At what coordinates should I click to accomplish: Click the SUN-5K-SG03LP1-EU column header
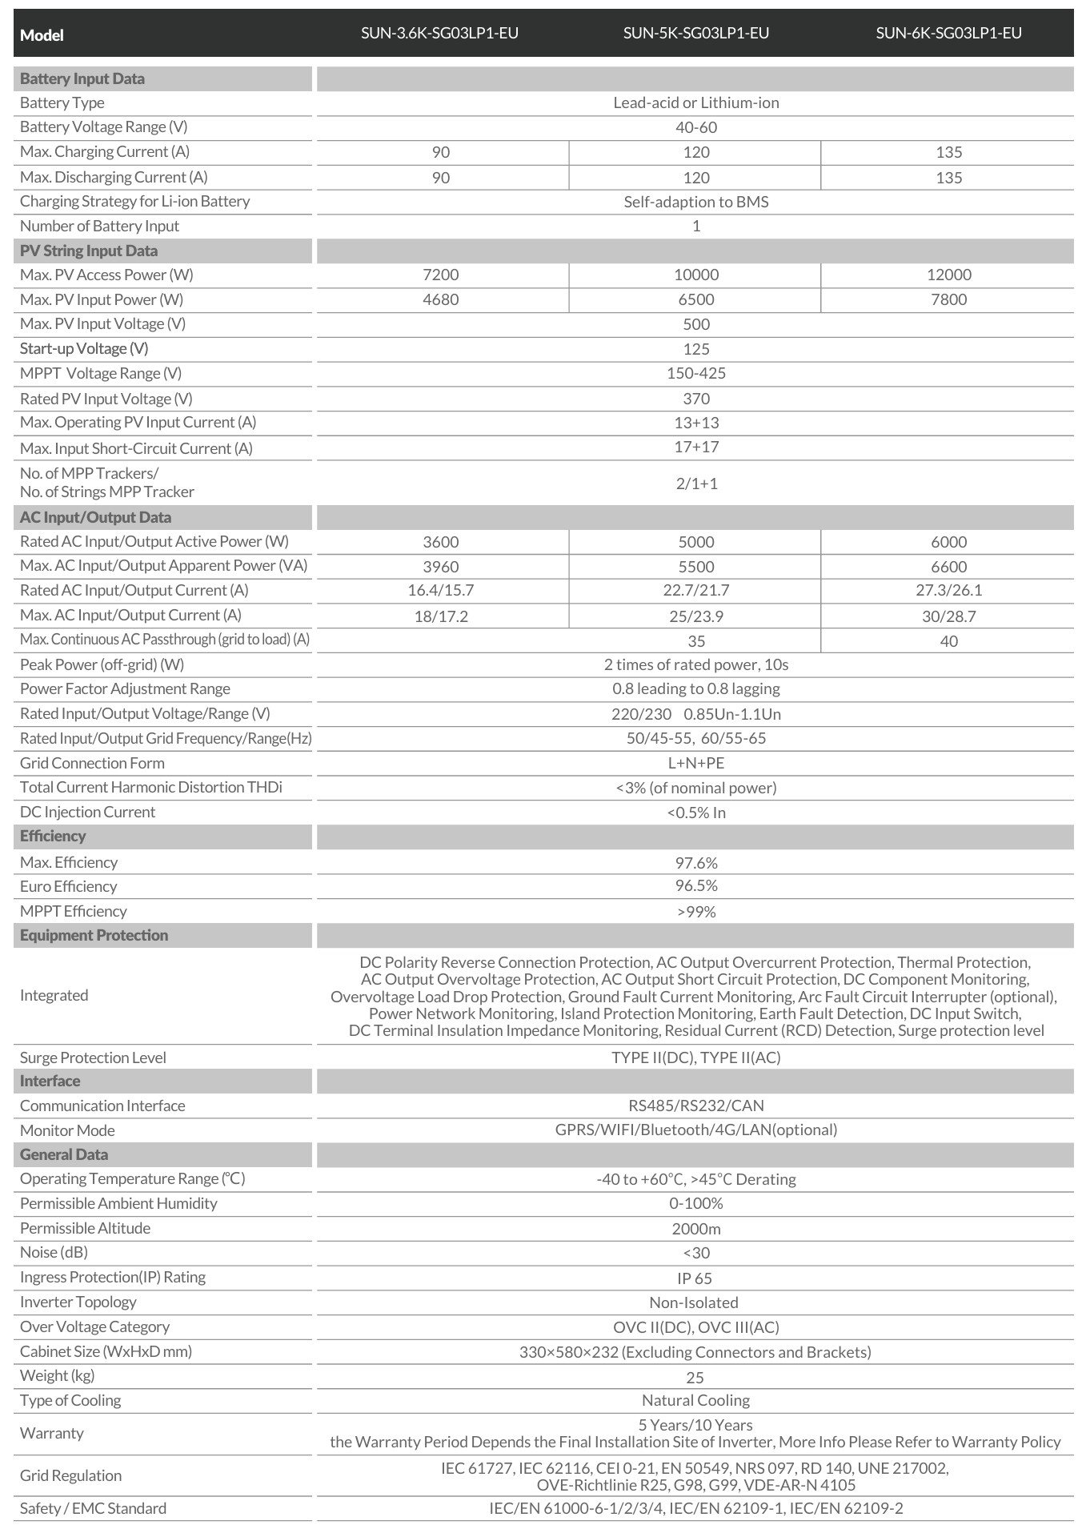point(695,33)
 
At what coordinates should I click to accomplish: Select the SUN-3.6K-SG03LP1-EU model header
point(439,33)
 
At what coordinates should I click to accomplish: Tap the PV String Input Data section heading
point(89,251)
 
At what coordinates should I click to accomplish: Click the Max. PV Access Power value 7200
point(440,275)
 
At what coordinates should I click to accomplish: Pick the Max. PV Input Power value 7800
point(948,299)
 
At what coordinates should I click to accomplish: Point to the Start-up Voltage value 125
point(695,349)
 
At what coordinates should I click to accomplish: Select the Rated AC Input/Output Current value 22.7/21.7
point(695,591)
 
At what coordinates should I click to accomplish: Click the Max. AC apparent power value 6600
point(948,567)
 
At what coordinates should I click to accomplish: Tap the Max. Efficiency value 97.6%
point(695,863)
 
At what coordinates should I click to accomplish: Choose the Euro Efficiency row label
point(68,886)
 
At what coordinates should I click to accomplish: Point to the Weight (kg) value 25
point(695,1377)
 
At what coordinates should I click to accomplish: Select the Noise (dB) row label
point(54,1252)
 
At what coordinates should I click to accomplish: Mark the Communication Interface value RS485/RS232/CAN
point(695,1106)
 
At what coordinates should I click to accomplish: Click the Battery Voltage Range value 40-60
point(695,127)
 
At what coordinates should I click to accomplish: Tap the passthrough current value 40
point(948,641)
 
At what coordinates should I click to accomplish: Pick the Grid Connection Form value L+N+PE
point(695,763)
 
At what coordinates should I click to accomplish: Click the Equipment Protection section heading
point(94,935)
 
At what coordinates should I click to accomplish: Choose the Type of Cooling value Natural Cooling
point(695,1400)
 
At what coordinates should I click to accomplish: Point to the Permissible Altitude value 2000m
point(695,1229)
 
